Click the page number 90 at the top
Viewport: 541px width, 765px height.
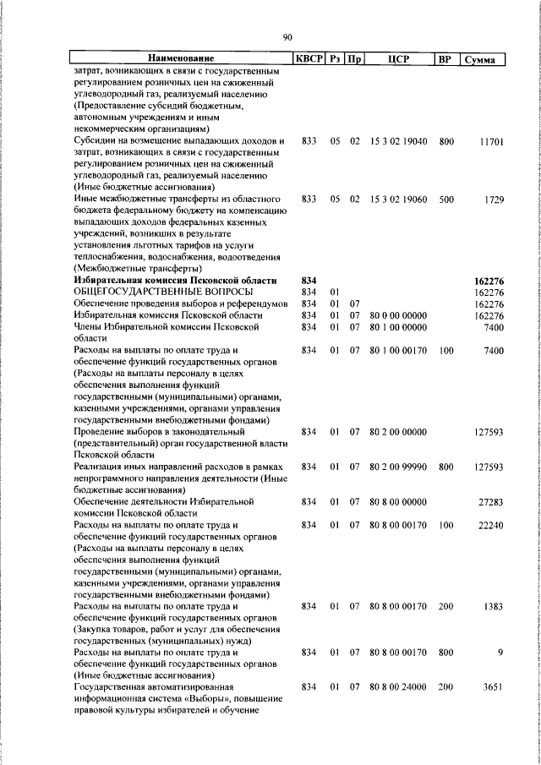click(x=287, y=36)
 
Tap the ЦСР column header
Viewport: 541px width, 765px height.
click(x=398, y=59)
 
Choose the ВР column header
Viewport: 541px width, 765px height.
click(x=445, y=59)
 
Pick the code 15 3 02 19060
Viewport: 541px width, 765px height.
click(x=398, y=199)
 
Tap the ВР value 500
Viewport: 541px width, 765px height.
click(x=445, y=199)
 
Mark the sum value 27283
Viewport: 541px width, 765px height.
click(x=490, y=502)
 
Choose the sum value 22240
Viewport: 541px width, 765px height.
click(x=490, y=525)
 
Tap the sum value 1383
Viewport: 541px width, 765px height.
click(x=492, y=607)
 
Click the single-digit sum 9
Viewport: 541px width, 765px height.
click(x=500, y=653)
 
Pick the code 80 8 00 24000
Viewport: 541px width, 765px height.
click(x=398, y=688)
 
